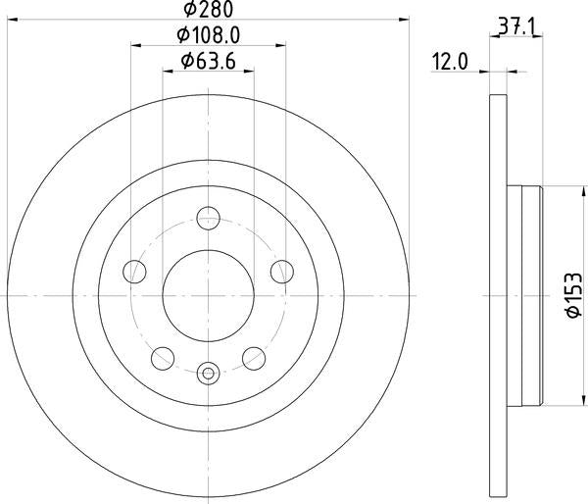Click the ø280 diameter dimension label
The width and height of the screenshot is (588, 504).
coord(208,9)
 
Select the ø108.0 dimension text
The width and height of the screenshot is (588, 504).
coord(208,35)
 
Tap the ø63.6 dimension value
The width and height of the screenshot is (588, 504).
coord(208,61)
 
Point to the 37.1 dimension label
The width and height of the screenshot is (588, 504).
coord(517,26)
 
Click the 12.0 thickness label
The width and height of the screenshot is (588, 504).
coord(450,61)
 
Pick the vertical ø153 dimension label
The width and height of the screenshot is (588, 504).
coord(574,296)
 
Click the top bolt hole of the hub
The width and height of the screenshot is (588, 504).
coord(208,218)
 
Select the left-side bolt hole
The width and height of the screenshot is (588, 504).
coord(134,272)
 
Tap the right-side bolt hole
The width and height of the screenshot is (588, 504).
coord(282,272)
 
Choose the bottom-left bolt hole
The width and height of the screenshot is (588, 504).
coord(163,359)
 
